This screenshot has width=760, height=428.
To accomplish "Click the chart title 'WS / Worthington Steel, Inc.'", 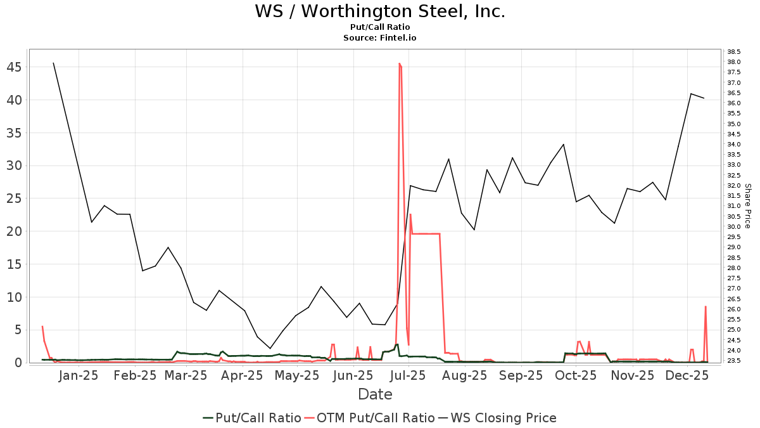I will pos(380,11).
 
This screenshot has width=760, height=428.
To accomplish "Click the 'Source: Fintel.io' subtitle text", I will pos(380,38).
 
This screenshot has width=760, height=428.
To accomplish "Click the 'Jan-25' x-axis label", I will pos(79,375).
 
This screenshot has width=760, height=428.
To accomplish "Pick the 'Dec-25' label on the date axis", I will pos(688,375).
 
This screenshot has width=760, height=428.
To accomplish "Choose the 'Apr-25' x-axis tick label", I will pos(244,375).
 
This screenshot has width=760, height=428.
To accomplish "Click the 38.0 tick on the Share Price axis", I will pos(735,62).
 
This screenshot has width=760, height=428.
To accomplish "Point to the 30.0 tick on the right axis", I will pos(735,226).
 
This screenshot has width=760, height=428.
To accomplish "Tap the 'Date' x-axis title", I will pos(375,394).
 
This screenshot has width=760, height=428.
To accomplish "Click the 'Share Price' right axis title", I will pos(748,206).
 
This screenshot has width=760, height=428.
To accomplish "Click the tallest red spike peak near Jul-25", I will pos(399,63).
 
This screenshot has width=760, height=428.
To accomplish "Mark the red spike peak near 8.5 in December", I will pos(705,307).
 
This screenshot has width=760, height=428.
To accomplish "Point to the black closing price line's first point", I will pos(53,63).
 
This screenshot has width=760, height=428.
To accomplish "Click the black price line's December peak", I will pos(691,94).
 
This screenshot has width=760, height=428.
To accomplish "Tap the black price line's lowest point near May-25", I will pos(270,348).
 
